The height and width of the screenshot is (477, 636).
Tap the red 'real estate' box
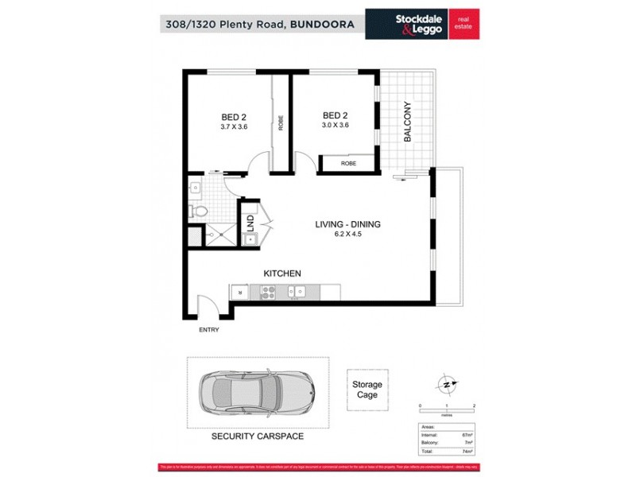point(464,23)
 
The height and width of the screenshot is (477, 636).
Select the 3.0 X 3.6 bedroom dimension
point(335,126)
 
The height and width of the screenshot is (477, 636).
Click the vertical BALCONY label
point(407,121)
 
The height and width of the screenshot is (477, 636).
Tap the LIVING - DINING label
point(347,224)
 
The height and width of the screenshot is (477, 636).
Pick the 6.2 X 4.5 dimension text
point(347,235)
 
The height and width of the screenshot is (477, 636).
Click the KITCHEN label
point(282,273)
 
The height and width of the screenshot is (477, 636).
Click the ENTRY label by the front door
point(207,329)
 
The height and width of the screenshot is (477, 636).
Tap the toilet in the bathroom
point(198,211)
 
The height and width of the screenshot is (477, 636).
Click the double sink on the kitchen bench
point(297,293)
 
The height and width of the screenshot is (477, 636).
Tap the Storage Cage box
point(367,390)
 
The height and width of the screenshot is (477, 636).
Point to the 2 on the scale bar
point(474,406)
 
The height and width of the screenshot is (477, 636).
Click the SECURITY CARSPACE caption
point(257,436)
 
